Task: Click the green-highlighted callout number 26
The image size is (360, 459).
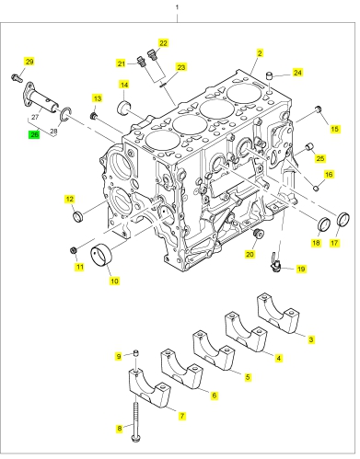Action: coord(34,134)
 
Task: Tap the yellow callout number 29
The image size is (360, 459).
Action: coord(29,62)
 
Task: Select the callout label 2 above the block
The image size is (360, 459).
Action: coord(260,53)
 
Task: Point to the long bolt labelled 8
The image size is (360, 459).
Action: coord(134,421)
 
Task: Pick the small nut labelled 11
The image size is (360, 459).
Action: coord(73,250)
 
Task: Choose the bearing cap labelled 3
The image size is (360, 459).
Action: coord(278,314)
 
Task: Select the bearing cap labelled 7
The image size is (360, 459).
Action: coord(149,388)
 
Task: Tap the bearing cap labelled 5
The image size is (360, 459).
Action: coord(214,350)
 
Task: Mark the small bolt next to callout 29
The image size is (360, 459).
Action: coord(17,77)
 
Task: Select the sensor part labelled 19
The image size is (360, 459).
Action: coord(275,264)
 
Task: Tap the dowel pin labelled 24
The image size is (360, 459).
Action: coord(269,76)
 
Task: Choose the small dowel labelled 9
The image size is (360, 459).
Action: coord(136,353)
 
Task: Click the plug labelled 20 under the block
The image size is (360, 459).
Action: coord(258,234)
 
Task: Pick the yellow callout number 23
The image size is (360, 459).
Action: coord(181,67)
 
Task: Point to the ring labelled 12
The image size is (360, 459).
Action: coord(78,216)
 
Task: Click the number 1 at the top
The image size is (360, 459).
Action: coord(177,6)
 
